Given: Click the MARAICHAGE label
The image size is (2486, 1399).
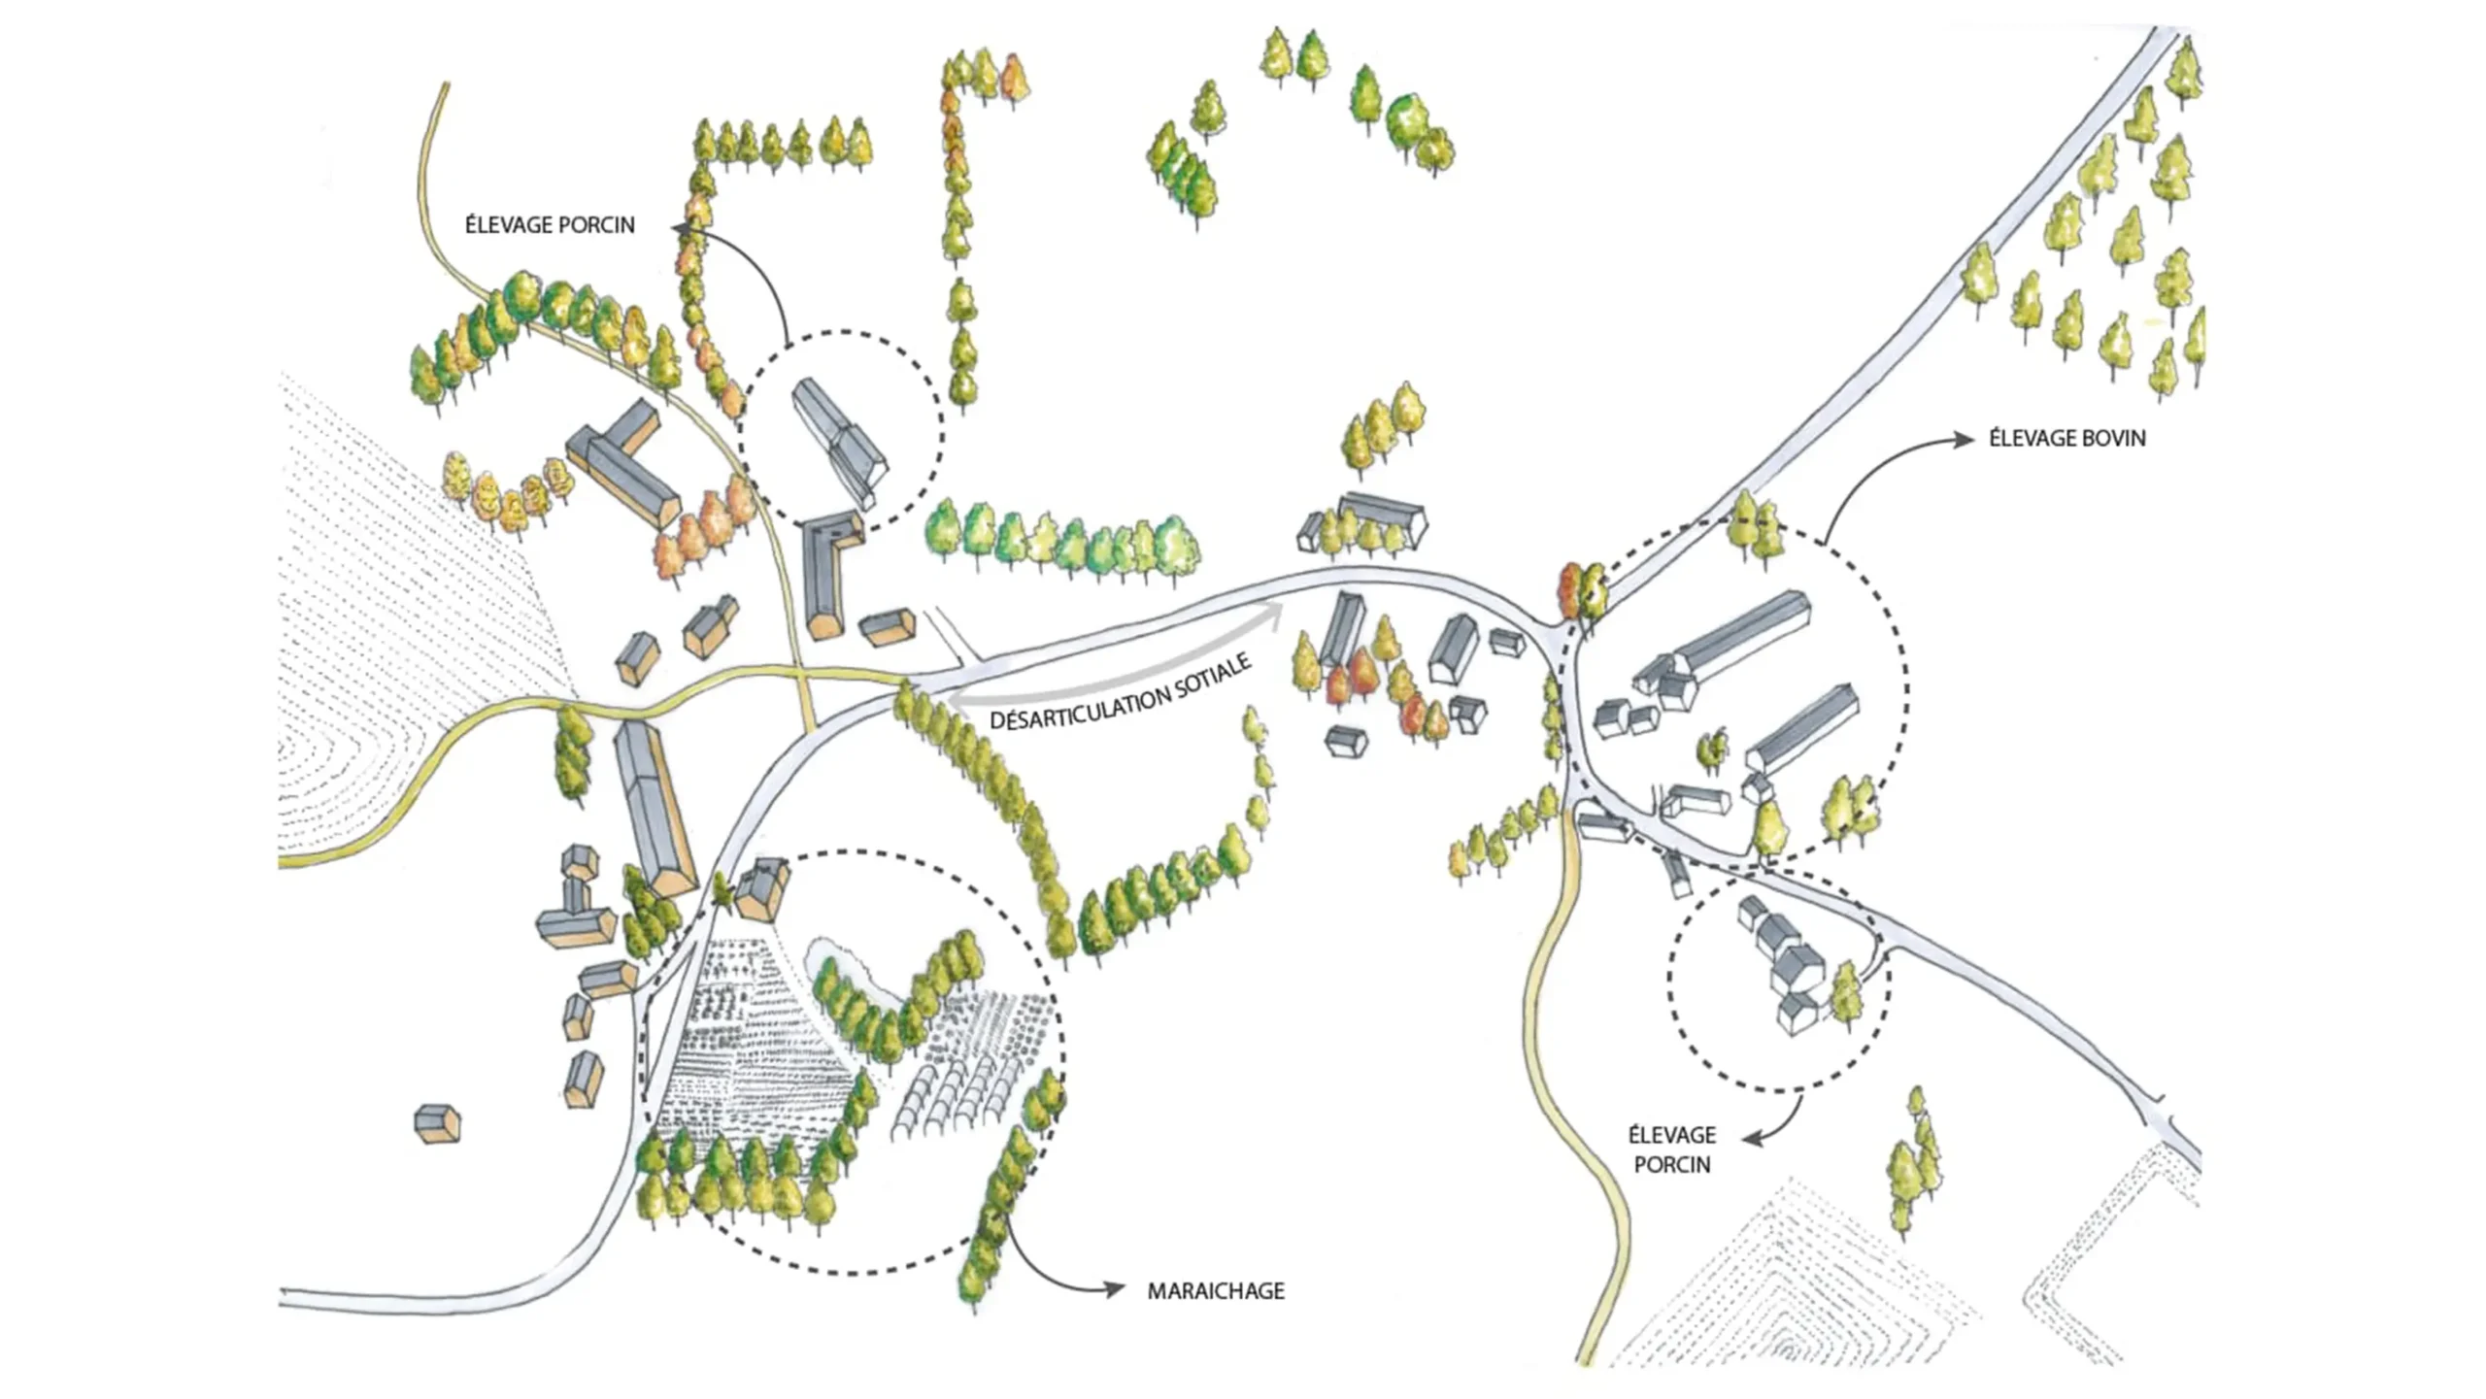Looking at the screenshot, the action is coord(1216,1290).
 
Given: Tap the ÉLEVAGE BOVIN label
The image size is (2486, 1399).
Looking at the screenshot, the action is coord(2067,438).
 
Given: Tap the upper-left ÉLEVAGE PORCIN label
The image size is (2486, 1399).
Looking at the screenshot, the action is coord(550,224).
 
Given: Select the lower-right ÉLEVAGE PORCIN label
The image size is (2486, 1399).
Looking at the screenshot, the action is coord(1672,1149).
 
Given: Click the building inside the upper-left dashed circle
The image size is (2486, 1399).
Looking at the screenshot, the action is coord(840,442).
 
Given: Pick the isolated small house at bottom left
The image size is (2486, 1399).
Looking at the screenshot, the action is coord(437,1123).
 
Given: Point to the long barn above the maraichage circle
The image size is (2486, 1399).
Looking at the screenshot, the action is coord(655,808).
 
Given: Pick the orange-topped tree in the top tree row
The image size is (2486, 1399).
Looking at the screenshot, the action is coord(1014,78).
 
